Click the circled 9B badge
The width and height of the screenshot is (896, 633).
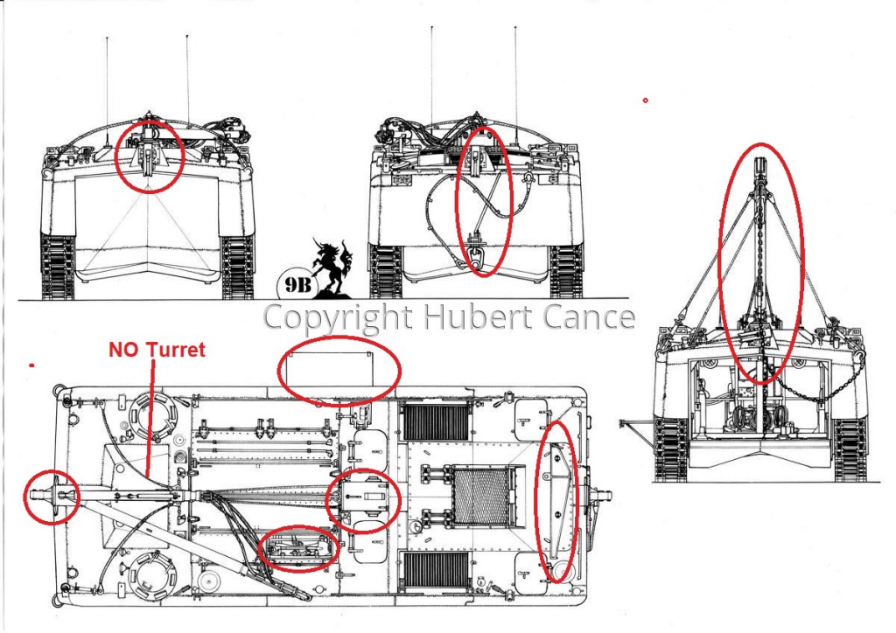tap(296, 285)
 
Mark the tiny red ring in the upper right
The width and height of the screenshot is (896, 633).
tap(645, 101)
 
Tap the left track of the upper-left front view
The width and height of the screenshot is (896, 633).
tap(58, 268)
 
